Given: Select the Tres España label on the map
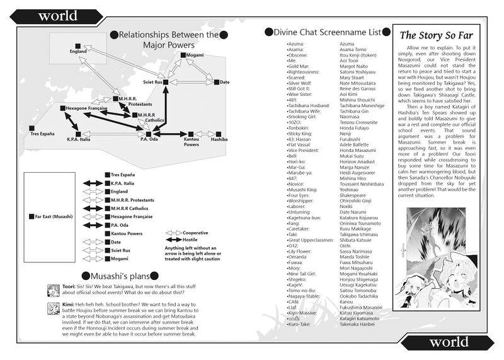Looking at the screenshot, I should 42,134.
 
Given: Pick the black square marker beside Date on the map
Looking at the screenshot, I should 216,82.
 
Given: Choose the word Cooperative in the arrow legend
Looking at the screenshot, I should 197,233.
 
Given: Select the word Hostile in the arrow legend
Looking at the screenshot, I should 191,240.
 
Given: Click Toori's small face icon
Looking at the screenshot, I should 53,289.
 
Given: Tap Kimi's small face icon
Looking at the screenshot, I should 53,308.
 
